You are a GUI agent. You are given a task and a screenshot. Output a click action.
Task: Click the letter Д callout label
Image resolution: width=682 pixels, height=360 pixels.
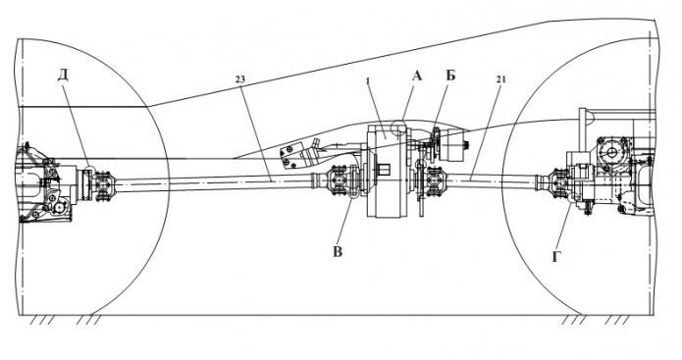point(64,76)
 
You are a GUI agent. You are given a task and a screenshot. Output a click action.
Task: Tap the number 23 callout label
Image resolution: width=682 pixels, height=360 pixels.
point(240,79)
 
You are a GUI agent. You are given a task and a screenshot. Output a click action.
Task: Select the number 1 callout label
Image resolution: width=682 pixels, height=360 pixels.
point(368,80)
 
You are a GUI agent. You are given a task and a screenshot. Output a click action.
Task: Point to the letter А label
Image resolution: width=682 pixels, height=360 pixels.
point(417,77)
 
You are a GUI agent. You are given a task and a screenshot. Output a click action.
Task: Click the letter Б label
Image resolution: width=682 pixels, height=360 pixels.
point(450,76)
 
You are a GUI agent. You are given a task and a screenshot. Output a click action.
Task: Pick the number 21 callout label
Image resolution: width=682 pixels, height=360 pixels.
point(500,79)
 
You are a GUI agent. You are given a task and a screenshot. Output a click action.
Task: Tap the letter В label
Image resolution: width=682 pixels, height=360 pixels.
point(338,252)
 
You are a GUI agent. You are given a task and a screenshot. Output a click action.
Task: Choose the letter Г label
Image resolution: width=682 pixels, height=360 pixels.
point(556,257)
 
